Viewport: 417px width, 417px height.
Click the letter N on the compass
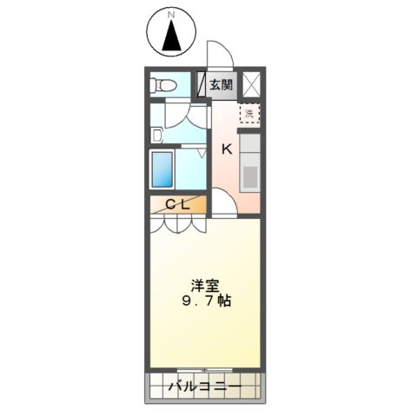click(x=172, y=15)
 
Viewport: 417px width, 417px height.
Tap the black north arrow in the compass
click(x=172, y=37)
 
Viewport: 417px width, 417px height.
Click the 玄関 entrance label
click(x=221, y=85)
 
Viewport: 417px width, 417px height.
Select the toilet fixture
click(x=162, y=85)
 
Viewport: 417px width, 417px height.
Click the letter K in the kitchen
click(x=226, y=149)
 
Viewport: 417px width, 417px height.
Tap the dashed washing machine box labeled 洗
click(x=250, y=112)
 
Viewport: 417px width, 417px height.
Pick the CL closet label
click(x=178, y=205)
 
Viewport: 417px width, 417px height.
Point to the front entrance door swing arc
click(x=222, y=54)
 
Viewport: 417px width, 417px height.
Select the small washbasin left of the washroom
click(x=156, y=135)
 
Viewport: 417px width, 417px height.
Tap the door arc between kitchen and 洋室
click(x=224, y=205)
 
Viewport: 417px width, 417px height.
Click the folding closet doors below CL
click(x=178, y=224)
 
